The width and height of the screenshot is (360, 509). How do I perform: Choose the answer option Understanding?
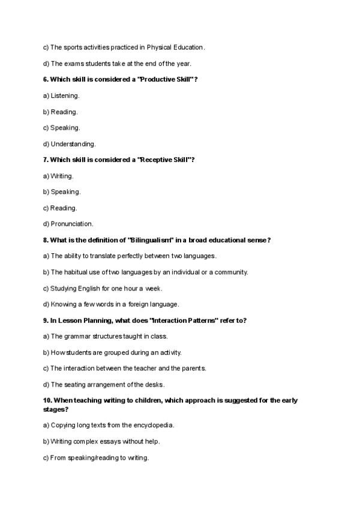click(x=73, y=144)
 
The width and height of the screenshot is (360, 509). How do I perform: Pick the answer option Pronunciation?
click(x=72, y=224)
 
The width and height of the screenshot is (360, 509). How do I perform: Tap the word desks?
click(x=154, y=384)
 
